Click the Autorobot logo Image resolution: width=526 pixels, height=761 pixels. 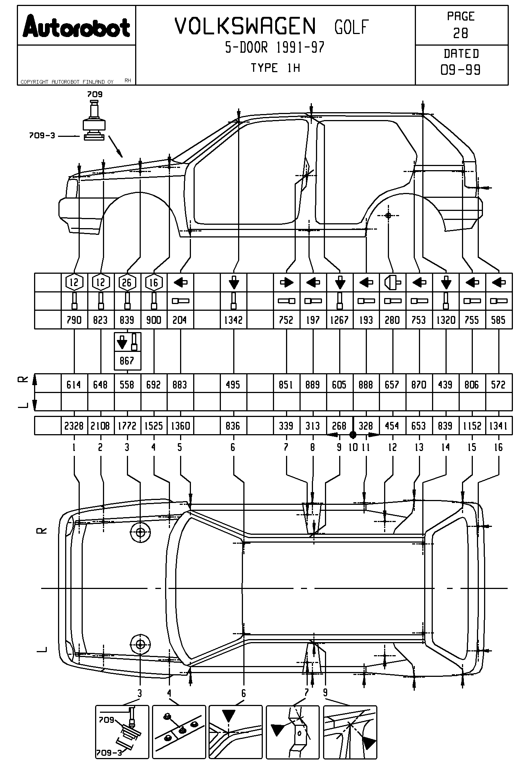[x=76, y=27]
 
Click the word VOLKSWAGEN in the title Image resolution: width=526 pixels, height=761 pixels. [x=246, y=27]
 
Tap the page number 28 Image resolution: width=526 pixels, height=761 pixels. [x=460, y=33]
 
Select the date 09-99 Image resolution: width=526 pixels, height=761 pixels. [x=460, y=70]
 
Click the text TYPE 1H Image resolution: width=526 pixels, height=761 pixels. [x=275, y=68]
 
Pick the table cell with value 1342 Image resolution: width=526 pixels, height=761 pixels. [x=233, y=320]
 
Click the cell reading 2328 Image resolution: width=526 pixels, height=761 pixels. [x=74, y=426]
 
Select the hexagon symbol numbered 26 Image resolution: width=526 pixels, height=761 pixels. [x=127, y=283]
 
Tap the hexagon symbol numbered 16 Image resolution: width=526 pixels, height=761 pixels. [x=153, y=283]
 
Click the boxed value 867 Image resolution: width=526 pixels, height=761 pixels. [x=127, y=361]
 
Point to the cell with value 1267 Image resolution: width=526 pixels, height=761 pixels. [x=339, y=320]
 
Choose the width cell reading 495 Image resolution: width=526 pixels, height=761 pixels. [x=233, y=385]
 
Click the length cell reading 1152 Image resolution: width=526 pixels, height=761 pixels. [x=472, y=426]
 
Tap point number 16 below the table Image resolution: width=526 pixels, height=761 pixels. [x=498, y=447]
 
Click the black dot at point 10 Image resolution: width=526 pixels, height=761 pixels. [x=353, y=435]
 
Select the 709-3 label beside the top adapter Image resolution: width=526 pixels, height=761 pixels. [x=42, y=136]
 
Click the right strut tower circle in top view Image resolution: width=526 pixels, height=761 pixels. [x=140, y=532]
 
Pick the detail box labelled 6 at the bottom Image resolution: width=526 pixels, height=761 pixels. [x=235, y=732]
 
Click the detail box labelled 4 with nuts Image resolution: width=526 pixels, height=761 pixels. [x=179, y=732]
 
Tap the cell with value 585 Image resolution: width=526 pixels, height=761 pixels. [x=498, y=320]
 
